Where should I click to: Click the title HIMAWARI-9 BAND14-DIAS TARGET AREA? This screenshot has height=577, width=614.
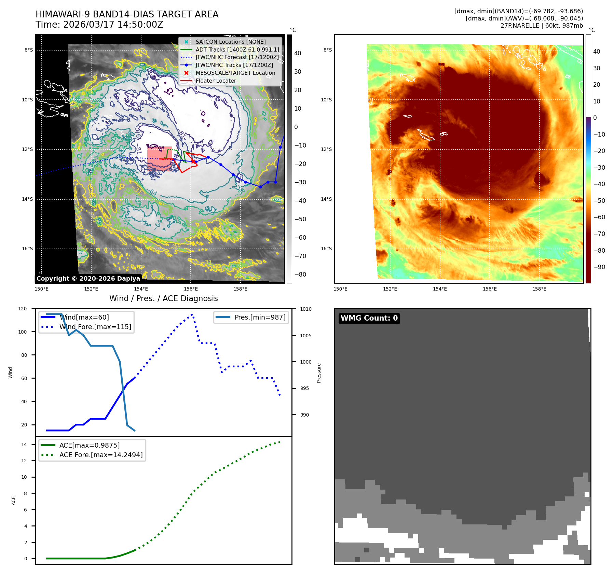click(127, 14)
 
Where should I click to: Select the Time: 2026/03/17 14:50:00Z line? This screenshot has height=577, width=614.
click(99, 25)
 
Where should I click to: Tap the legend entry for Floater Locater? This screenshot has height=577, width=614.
click(216, 81)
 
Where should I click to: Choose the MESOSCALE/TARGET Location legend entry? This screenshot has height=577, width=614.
click(235, 73)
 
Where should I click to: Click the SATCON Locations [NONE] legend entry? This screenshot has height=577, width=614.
click(230, 42)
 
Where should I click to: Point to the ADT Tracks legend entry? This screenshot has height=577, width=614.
click(237, 50)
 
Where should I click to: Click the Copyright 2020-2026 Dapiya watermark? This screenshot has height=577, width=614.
click(88, 279)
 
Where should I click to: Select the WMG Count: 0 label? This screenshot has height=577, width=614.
click(369, 318)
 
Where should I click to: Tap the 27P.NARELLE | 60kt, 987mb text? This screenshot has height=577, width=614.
click(542, 26)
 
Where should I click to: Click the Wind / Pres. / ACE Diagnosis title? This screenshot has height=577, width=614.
click(163, 298)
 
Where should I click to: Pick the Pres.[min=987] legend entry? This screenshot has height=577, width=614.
click(260, 317)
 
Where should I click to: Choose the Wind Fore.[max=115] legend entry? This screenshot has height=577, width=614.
click(95, 327)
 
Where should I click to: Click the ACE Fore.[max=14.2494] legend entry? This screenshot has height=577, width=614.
click(101, 455)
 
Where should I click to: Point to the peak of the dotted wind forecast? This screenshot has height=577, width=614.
click(192, 314)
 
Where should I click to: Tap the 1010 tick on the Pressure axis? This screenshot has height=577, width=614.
click(306, 309)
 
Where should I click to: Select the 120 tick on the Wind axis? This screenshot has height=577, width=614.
click(23, 309)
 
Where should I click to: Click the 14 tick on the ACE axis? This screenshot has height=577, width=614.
click(24, 445)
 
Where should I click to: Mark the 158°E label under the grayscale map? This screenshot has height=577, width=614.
click(240, 289)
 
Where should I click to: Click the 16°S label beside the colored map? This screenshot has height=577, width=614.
click(326, 249)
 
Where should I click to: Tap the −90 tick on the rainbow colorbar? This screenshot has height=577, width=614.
click(599, 267)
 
